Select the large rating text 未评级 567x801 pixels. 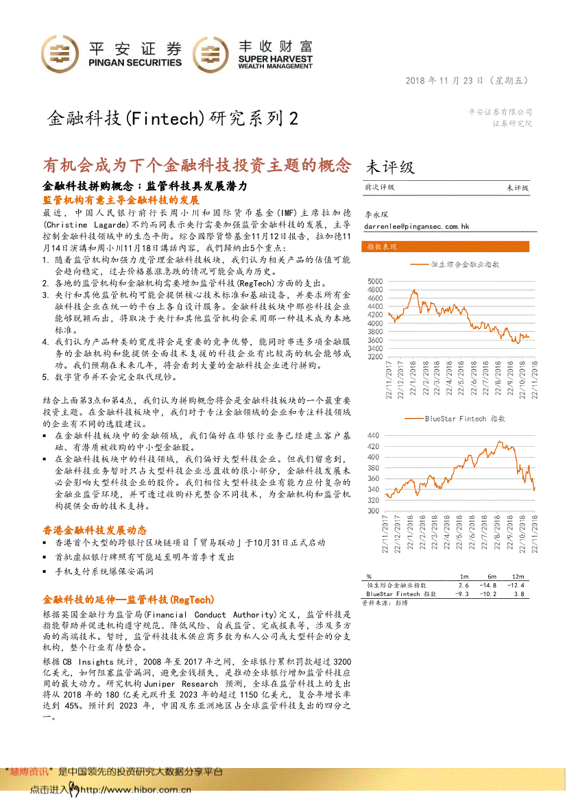[x=390, y=167]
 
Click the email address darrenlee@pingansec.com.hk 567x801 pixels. [x=416, y=225]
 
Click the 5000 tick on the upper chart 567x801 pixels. [x=374, y=281]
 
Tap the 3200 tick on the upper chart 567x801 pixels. [x=374, y=357]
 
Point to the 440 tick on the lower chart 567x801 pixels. [x=374, y=435]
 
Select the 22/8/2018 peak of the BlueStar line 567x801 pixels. [x=499, y=443]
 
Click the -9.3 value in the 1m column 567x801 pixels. [x=463, y=594]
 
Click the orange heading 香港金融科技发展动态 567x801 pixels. [x=95, y=530]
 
